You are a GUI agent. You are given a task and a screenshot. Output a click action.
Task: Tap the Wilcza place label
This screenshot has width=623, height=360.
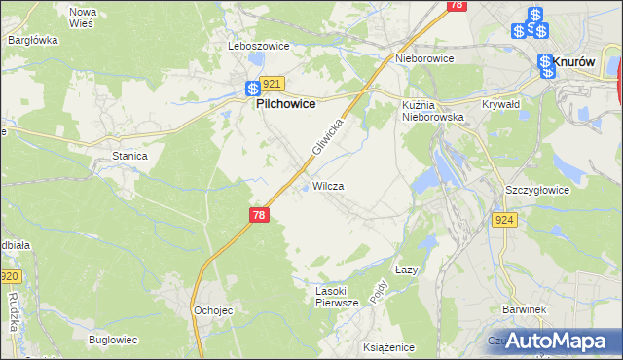[328, 185]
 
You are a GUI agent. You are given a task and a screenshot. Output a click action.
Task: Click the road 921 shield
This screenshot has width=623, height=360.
[272, 85]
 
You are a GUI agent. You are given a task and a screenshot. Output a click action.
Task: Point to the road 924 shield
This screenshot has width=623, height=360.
[503, 221]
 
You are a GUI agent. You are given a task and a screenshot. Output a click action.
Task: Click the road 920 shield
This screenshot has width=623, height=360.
[9, 276]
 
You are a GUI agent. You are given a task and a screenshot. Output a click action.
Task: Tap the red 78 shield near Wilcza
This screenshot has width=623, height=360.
[258, 214]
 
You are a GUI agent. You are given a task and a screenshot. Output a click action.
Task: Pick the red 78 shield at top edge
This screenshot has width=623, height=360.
[456, 5]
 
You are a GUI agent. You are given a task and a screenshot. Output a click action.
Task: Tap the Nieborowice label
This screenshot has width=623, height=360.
[424, 58]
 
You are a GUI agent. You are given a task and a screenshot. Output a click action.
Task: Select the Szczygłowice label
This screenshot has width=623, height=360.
[535, 191]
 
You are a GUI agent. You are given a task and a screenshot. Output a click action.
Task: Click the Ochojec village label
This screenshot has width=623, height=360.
[211, 310]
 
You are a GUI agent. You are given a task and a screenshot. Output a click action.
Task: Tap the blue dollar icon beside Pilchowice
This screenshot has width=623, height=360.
[252, 88]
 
